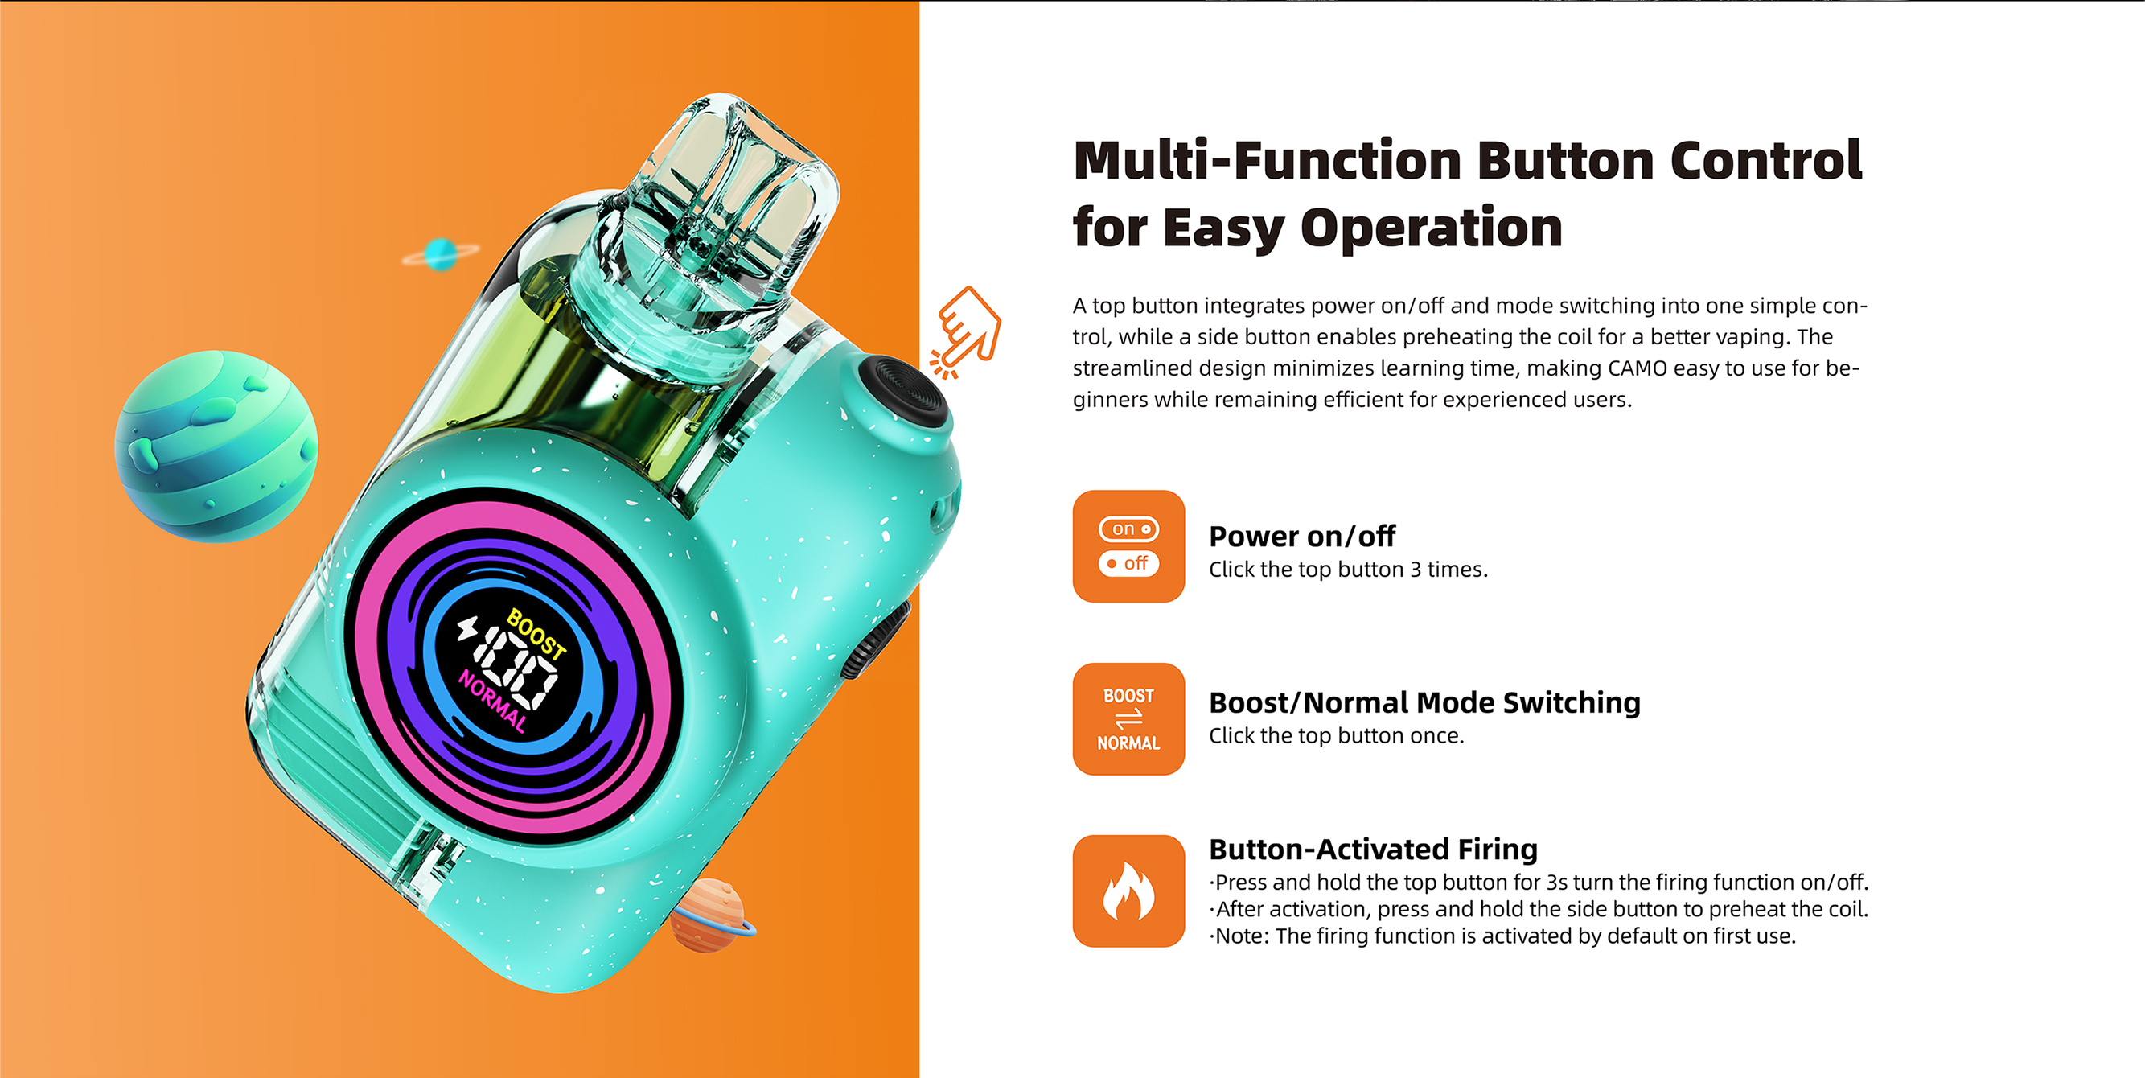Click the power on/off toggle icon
1128,546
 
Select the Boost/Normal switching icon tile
1128,719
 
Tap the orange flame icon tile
1128,891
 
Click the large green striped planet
216,446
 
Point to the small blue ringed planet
441,254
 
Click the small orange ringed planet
709,915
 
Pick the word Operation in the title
1432,228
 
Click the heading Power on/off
1301,537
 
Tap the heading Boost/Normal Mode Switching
1424,703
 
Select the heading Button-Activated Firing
1373,849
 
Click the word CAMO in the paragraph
1638,368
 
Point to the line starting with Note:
1503,936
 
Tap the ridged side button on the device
876,641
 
